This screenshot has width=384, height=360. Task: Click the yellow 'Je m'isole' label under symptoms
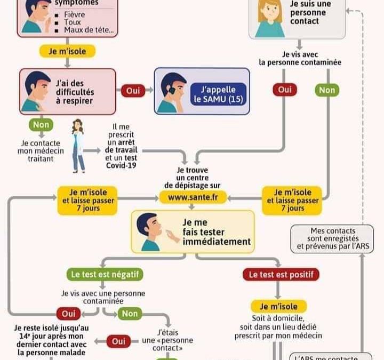(67, 51)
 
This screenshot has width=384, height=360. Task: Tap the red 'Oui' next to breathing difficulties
(133, 91)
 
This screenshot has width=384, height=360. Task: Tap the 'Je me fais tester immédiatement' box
(193, 230)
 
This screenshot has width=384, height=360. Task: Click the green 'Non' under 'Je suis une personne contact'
(326, 90)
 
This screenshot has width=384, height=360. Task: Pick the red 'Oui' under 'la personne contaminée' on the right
(284, 90)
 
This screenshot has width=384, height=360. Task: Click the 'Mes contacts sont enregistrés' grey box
(332, 238)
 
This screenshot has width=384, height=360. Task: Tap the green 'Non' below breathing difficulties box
(41, 125)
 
